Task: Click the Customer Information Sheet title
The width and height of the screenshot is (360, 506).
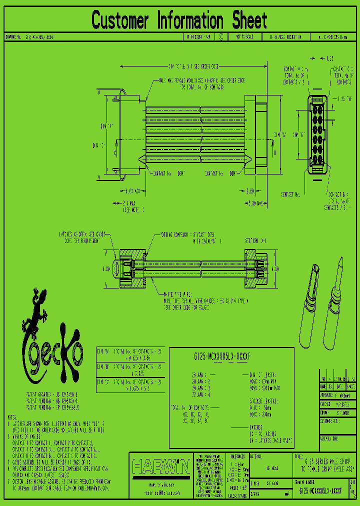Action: [179, 21]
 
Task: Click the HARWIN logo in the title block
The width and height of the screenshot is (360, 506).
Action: [160, 467]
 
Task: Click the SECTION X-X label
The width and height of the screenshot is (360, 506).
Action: [255, 240]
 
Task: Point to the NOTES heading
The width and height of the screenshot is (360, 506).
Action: [12, 416]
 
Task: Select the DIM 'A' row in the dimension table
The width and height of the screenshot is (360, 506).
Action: [130, 354]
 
